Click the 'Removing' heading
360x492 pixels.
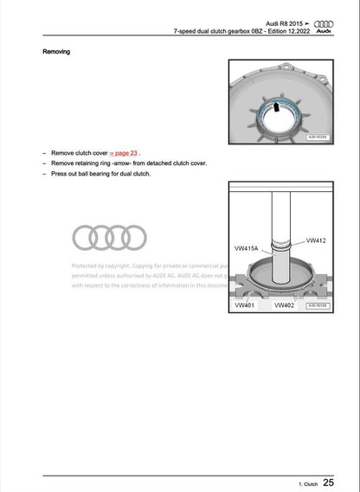point(57,52)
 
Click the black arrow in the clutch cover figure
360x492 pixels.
point(275,107)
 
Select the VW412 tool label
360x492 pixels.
point(317,240)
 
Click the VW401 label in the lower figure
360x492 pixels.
point(247,305)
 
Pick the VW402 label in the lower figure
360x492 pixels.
point(285,305)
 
